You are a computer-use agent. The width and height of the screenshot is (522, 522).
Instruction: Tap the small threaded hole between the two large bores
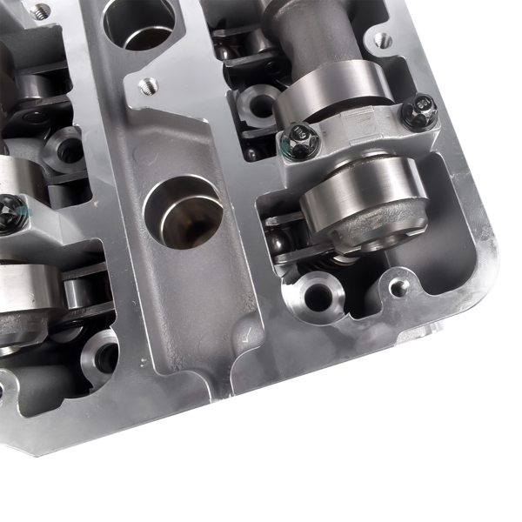point(149,86)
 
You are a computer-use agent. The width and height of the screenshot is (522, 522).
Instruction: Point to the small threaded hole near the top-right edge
point(381,39)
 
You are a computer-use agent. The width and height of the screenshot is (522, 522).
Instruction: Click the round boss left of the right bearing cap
point(258,104)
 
